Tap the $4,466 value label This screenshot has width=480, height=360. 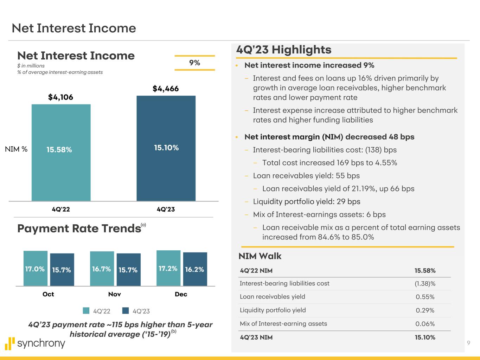[x=166, y=89]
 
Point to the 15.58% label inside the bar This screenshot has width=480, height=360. [x=59, y=150]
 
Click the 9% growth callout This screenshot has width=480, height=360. [x=194, y=63]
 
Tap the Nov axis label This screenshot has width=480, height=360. [x=115, y=294]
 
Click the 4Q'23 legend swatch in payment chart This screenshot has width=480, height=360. [x=126, y=311]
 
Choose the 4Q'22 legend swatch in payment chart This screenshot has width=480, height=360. [x=86, y=311]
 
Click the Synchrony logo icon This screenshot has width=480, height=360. [x=11, y=343]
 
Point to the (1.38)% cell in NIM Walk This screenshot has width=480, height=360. [x=425, y=283]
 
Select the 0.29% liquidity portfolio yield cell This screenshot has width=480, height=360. [x=425, y=310]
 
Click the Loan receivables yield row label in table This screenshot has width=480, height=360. [x=273, y=297]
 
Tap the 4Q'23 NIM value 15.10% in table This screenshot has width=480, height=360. [x=425, y=337]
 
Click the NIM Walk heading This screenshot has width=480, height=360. [x=260, y=256]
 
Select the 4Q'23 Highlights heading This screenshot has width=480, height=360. [x=284, y=50]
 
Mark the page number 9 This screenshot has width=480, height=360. [x=468, y=343]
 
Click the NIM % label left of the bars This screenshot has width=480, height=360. [x=16, y=149]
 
